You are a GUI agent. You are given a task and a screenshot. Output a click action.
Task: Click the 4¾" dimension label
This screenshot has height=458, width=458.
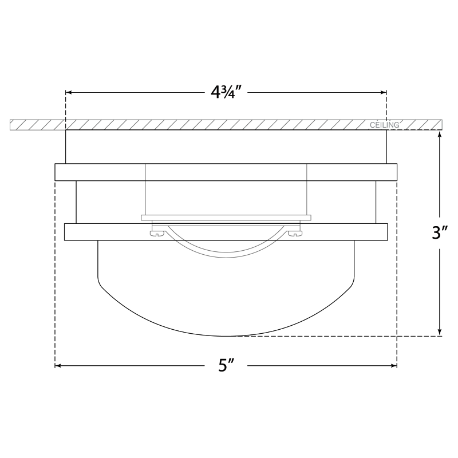pos(226,92)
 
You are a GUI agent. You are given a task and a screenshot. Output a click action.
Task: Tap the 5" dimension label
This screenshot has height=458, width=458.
pos(226,365)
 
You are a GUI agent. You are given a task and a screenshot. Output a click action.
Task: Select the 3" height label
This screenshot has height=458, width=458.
pos(440,233)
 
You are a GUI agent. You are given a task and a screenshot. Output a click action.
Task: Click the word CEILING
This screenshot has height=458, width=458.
pos(384,125)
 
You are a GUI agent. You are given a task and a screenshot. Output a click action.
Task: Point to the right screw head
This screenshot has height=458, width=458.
pos(295,233)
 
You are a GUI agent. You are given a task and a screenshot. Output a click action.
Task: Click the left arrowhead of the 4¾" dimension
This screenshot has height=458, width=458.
pos(69,92)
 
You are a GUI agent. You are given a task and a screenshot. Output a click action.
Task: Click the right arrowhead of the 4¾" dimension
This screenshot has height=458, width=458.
pos(383,92)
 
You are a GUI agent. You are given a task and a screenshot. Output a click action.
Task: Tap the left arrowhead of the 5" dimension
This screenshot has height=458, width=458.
pos(58,365)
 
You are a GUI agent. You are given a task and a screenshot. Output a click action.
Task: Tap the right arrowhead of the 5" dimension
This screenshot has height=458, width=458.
pos(394,365)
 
